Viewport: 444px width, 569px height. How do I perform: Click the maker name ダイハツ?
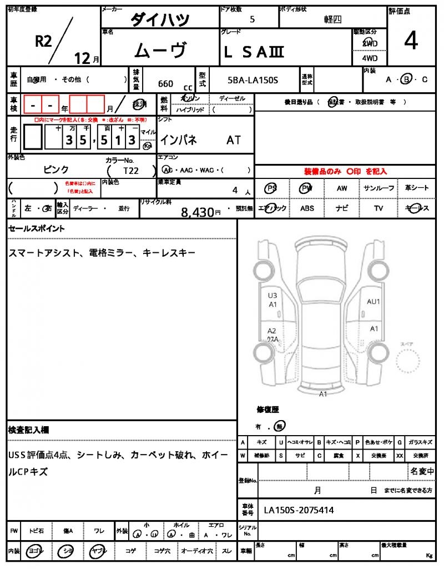(160, 20)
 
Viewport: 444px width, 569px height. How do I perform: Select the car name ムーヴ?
(160, 51)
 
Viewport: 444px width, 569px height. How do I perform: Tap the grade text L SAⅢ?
(254, 52)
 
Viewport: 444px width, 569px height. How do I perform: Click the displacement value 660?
(165, 84)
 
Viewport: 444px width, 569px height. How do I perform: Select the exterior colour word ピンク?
(56, 169)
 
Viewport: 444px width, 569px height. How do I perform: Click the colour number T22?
(131, 171)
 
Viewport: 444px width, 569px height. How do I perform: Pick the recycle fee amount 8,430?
(198, 211)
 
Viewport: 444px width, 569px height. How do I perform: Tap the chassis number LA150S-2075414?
(299, 510)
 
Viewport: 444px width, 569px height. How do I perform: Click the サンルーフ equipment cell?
(379, 188)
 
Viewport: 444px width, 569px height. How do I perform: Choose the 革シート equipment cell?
(416, 188)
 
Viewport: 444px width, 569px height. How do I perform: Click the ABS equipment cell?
(307, 208)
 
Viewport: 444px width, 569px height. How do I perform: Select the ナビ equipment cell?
(342, 208)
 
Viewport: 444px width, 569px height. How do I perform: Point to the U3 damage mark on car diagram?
(273, 296)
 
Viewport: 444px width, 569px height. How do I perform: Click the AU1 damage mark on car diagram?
(374, 302)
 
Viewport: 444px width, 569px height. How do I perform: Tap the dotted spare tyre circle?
(409, 363)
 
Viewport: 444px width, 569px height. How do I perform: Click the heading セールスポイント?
(37, 228)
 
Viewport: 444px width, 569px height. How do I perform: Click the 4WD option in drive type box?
(370, 58)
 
